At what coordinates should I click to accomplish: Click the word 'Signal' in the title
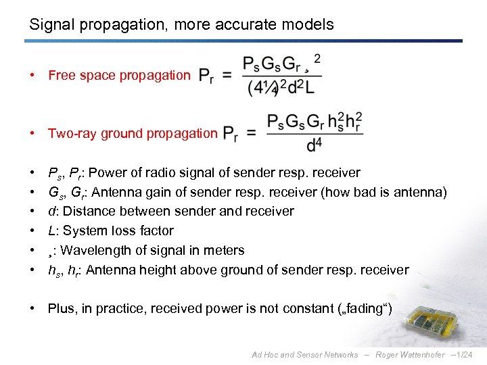[49, 25]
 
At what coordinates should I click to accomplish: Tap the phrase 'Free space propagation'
[119, 75]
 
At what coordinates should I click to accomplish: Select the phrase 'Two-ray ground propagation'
[133, 133]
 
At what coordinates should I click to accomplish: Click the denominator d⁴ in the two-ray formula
[315, 145]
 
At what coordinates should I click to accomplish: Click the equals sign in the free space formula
[227, 75]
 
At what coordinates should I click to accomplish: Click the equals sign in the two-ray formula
[251, 133]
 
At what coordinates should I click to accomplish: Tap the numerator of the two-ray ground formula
[315, 121]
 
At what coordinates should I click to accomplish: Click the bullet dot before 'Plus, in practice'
[33, 309]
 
